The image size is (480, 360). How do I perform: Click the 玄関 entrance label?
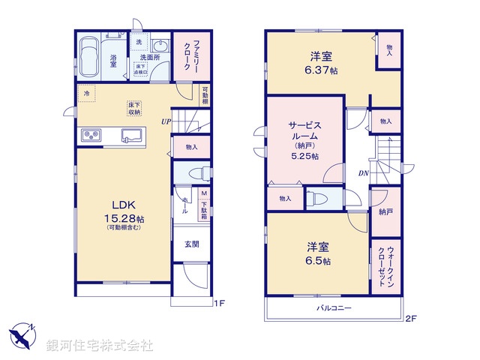tap(192, 244)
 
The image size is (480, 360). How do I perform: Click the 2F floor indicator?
tap(409, 319)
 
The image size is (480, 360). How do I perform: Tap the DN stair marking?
tap(362, 174)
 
